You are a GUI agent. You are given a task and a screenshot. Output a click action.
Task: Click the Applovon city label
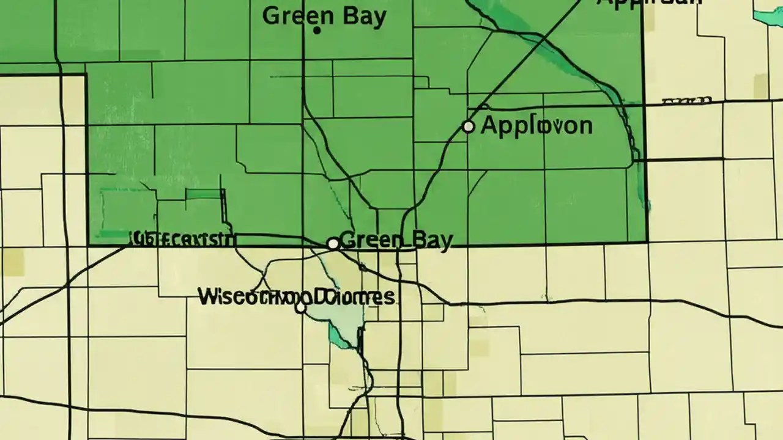click(x=536, y=125)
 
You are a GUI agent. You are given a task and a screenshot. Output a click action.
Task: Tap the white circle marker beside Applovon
click(x=468, y=127)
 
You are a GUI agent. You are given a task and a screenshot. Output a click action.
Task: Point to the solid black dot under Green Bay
click(x=317, y=29)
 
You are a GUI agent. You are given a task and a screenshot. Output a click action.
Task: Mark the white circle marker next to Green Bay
click(x=333, y=244)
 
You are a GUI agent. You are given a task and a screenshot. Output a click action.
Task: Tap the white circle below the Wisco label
click(x=300, y=309)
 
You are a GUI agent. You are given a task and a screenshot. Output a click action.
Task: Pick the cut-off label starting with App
click(x=648, y=2)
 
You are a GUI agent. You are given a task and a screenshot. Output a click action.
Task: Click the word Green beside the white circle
click(x=366, y=240)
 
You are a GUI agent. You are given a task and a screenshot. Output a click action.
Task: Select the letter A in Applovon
click(x=489, y=125)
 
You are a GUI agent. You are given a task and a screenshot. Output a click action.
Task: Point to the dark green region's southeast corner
click(x=645, y=241)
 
